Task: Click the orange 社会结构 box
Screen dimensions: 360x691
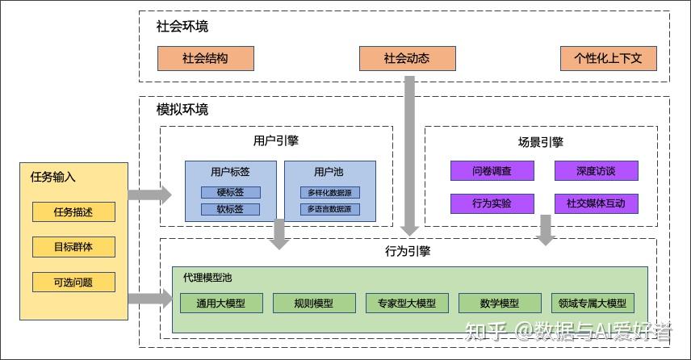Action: click(x=205, y=58)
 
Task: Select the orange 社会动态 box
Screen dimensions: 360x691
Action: click(x=407, y=58)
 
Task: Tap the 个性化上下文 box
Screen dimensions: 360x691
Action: click(x=608, y=58)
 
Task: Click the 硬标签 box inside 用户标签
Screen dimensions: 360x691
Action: click(x=230, y=192)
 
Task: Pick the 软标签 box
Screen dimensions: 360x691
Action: click(x=230, y=209)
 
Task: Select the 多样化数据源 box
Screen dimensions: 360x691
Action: click(x=329, y=192)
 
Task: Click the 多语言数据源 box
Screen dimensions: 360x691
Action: click(x=329, y=209)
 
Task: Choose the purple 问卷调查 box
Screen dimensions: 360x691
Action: click(x=492, y=171)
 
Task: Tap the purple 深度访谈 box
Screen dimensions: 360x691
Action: click(x=596, y=171)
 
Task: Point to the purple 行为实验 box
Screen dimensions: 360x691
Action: click(x=492, y=203)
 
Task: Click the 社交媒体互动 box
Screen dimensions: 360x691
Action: click(x=596, y=203)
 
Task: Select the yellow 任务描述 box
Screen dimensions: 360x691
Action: click(x=73, y=212)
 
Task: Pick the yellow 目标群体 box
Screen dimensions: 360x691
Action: click(x=73, y=247)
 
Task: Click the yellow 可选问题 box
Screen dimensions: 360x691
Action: click(x=73, y=283)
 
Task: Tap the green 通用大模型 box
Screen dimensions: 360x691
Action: click(x=220, y=303)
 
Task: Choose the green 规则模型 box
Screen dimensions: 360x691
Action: click(x=314, y=303)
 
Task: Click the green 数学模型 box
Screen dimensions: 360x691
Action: click(x=499, y=303)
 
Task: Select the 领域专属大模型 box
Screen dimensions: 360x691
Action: click(x=592, y=303)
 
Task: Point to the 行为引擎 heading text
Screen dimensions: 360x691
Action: click(x=408, y=251)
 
